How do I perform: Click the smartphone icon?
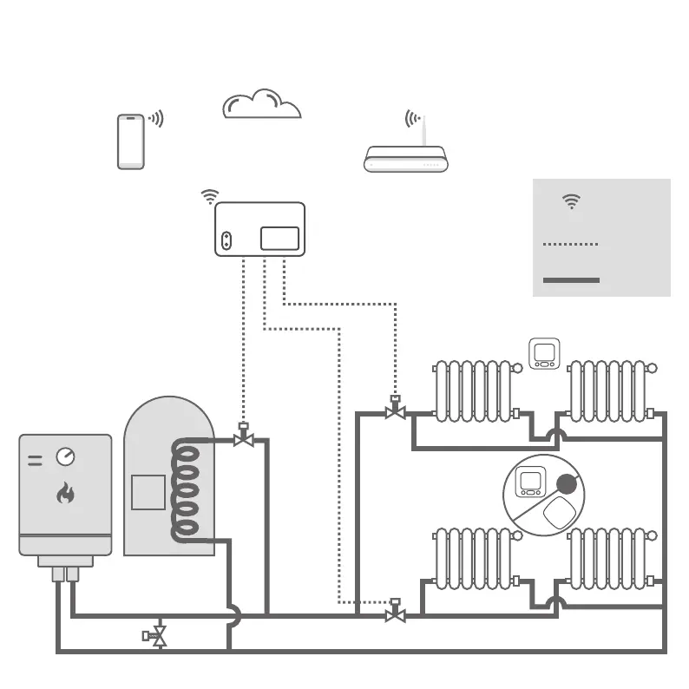click(x=131, y=141)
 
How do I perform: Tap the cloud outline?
click(x=261, y=106)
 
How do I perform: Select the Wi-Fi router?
click(x=405, y=160)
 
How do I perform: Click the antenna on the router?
click(x=423, y=130)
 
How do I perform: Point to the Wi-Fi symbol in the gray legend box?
click(x=571, y=201)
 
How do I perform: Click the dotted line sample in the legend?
click(x=570, y=245)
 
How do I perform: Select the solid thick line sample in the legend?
click(x=571, y=280)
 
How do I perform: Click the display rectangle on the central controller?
click(x=279, y=238)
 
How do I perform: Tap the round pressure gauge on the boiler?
click(x=65, y=456)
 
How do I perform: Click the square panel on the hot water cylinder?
click(x=148, y=492)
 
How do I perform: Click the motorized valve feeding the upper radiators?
click(x=395, y=410)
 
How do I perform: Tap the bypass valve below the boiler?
click(x=156, y=636)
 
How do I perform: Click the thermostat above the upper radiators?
click(x=544, y=354)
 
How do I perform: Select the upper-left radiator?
click(x=474, y=391)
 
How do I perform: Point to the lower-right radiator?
click(x=608, y=558)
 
